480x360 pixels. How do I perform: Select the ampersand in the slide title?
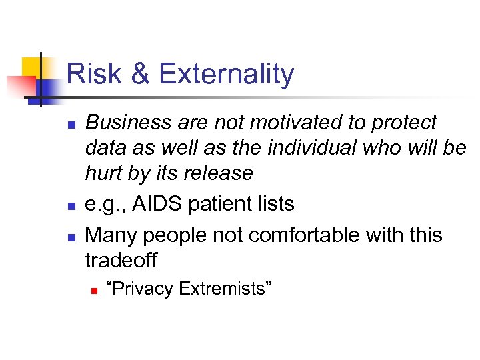click(x=141, y=74)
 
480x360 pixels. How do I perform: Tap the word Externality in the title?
click(x=226, y=74)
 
